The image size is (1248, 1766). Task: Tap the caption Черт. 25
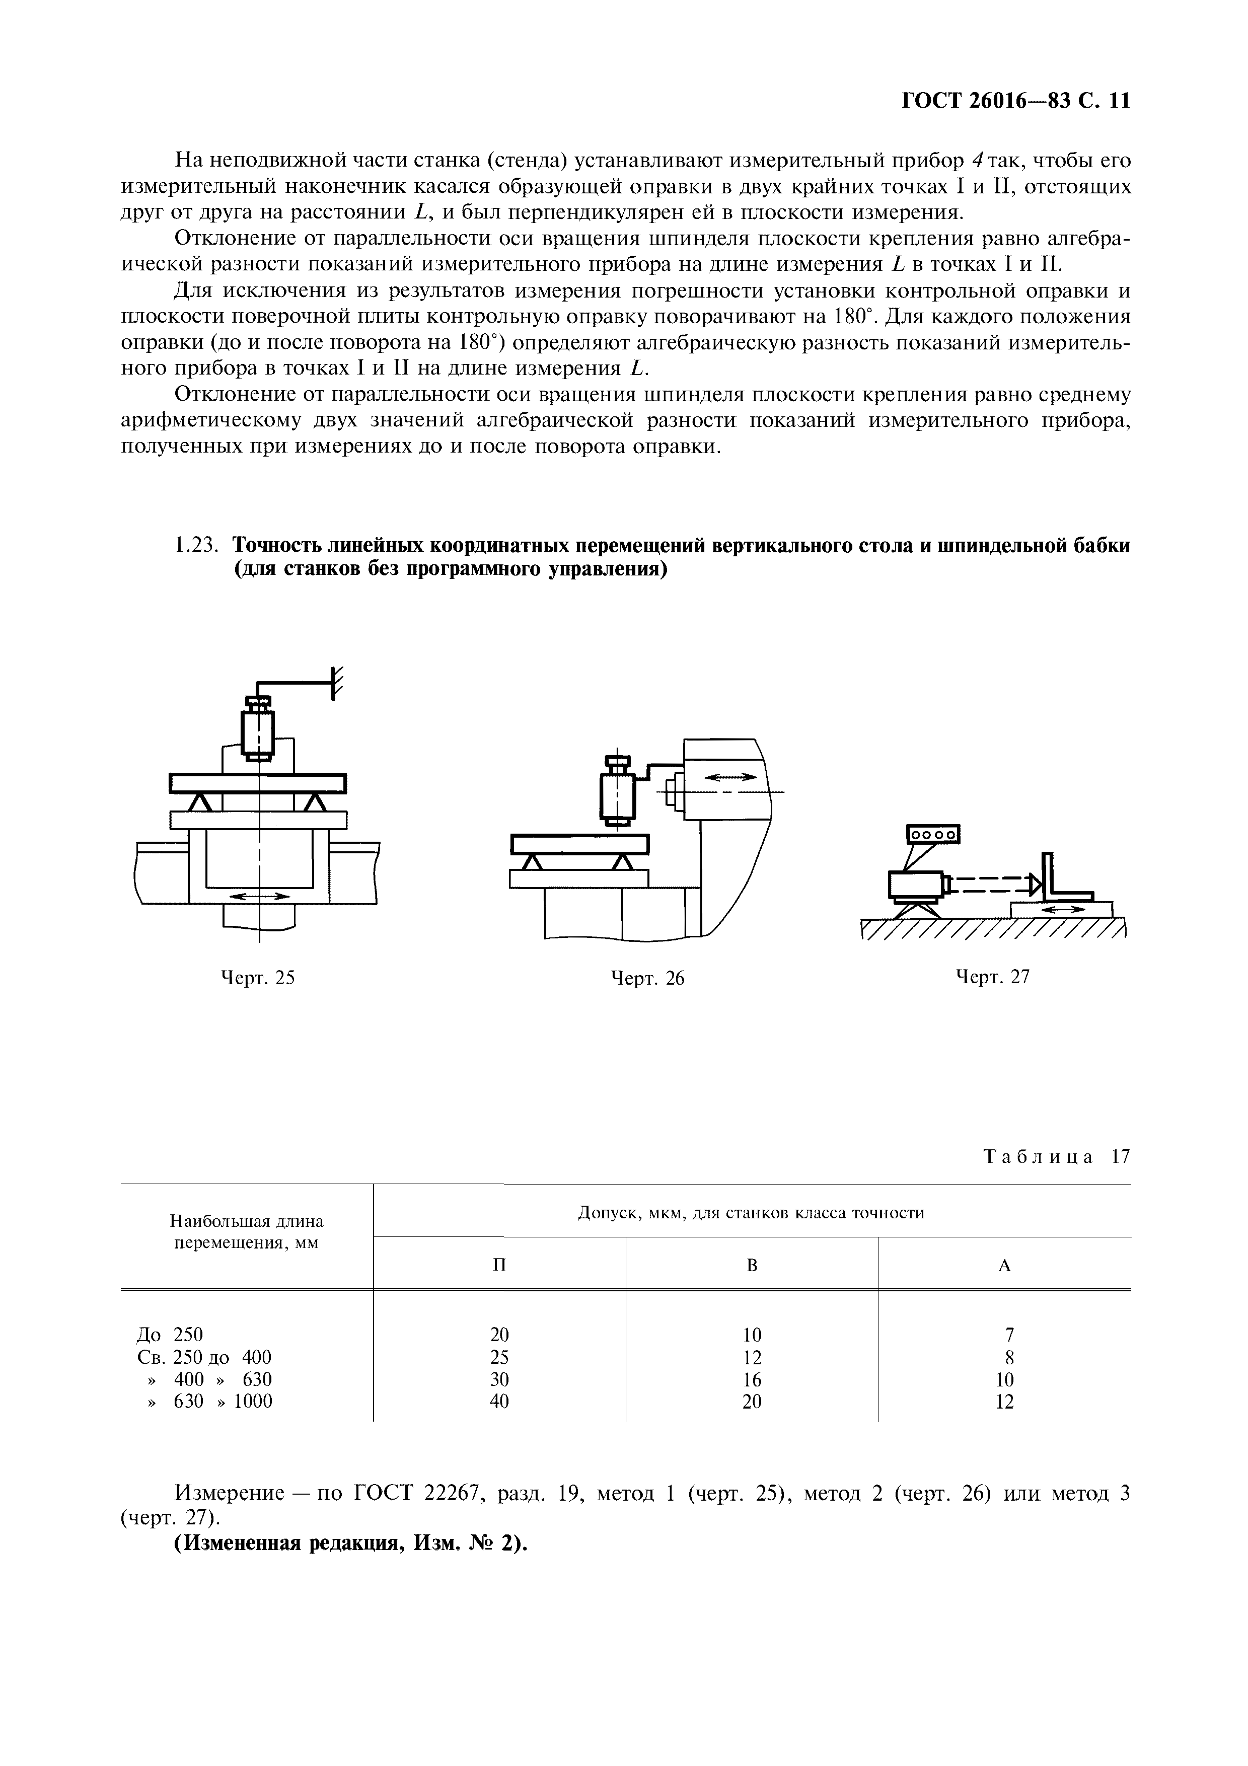point(258,978)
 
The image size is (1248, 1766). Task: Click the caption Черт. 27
point(992,977)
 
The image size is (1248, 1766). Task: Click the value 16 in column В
point(752,1379)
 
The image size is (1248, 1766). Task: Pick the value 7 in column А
point(1004,1335)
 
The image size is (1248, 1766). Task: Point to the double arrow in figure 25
point(261,896)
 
